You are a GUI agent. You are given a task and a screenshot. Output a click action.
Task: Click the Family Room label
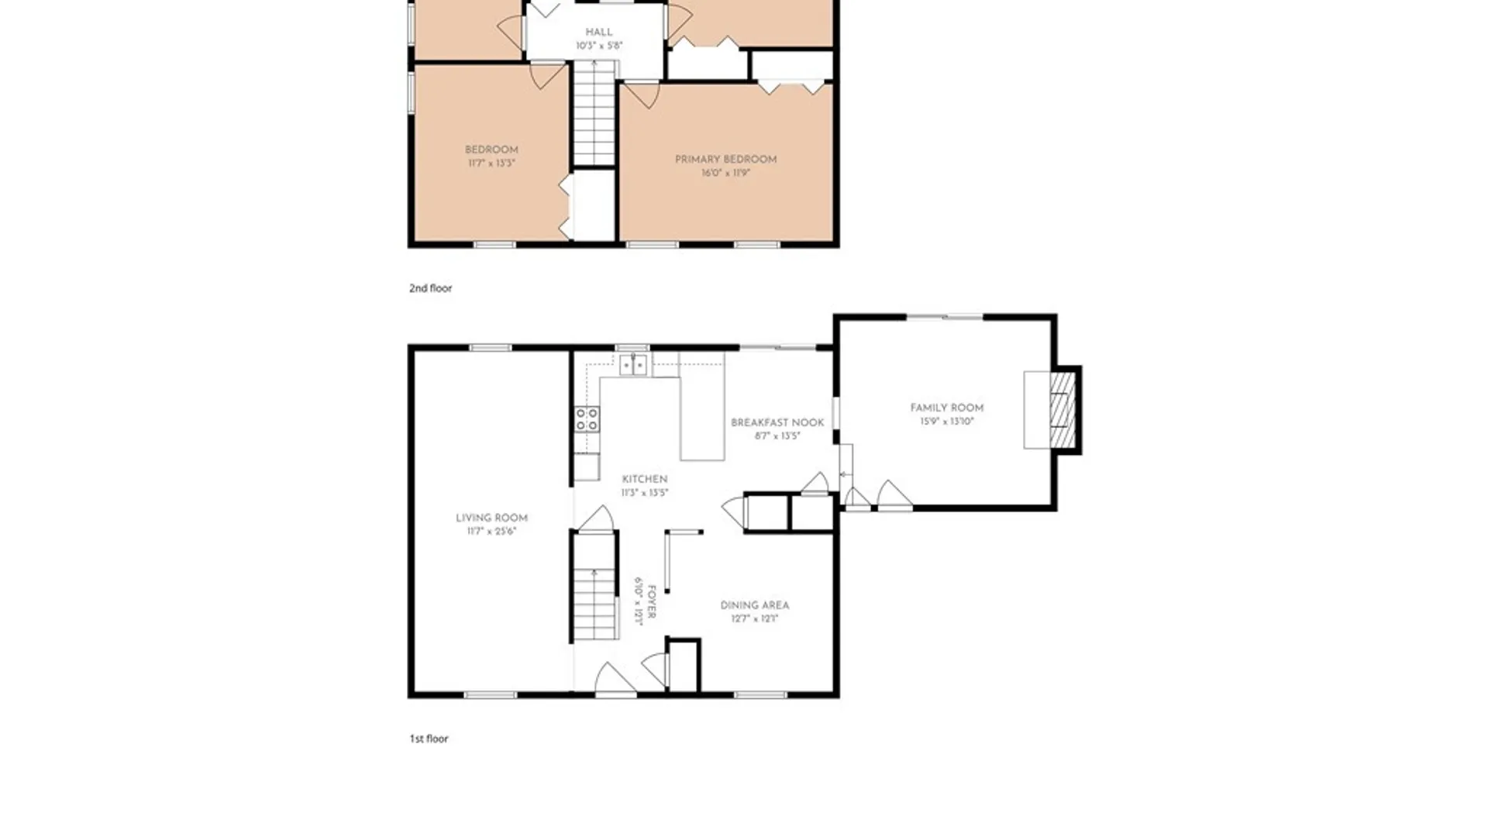[946, 408]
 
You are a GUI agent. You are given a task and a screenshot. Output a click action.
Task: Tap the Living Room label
[491, 518]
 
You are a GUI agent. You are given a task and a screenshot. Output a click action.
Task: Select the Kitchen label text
[644, 479]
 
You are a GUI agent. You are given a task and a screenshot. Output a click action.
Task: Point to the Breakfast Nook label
[777, 422]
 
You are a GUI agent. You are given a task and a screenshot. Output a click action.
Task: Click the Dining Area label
[755, 605]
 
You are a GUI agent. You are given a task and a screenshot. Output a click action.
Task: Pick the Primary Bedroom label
[725, 159]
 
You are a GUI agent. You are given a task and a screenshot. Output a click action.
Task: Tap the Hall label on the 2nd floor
[599, 32]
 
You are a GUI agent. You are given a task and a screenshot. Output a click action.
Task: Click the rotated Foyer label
[652, 601]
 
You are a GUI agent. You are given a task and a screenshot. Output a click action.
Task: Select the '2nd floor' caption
[430, 288]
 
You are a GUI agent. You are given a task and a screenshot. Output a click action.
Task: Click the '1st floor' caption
[429, 739]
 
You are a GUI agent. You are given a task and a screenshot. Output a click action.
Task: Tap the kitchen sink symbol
[633, 363]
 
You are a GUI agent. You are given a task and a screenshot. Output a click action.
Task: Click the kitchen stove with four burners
[587, 419]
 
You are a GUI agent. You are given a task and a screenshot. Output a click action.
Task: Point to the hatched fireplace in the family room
[1063, 410]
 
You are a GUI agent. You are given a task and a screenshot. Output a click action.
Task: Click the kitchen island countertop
[702, 406]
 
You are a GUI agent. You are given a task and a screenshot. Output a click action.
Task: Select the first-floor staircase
[594, 586]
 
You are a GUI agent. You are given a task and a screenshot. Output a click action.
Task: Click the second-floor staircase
[594, 113]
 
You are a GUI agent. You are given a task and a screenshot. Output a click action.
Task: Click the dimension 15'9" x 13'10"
[946, 422]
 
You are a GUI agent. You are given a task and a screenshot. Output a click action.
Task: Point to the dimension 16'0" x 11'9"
[725, 173]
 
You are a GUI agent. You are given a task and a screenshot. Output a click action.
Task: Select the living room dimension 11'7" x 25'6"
[491, 532]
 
